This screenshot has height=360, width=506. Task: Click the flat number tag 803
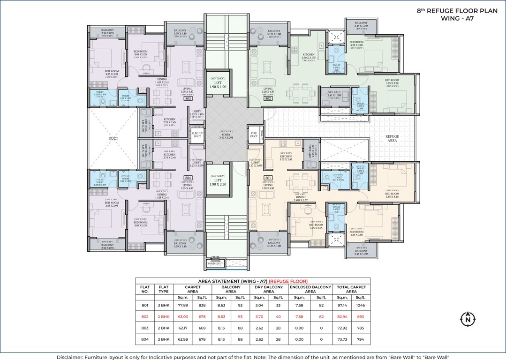[188, 99]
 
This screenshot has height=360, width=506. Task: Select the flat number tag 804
[188, 178]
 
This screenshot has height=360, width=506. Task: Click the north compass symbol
[468, 320]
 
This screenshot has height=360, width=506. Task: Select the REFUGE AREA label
[392, 138]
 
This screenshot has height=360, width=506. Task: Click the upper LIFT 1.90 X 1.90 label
[217, 84]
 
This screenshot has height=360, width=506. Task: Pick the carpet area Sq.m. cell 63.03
[181, 317]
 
